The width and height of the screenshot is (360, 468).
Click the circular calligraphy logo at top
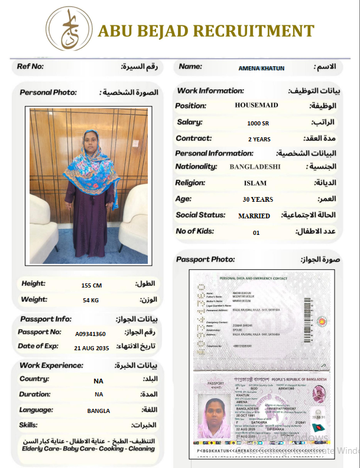pos(69,28)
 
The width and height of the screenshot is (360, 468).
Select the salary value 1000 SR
pos(257,123)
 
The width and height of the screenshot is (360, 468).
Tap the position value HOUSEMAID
pos(257,105)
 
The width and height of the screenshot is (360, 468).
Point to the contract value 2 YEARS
pos(259,140)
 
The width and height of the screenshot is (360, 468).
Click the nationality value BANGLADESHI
pos(255,167)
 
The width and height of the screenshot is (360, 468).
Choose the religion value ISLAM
pos(255,183)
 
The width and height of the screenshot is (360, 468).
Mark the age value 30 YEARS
pos(258,199)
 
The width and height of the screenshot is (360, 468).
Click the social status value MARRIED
pos(254,216)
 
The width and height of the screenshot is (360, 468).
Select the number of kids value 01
pos(256,233)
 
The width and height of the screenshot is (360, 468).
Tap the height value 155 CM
pos(92,285)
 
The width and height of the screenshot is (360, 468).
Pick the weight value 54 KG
pos(90,301)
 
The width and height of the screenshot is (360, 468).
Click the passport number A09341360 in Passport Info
pos(90,334)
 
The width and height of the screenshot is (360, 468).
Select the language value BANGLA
pos(99,411)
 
